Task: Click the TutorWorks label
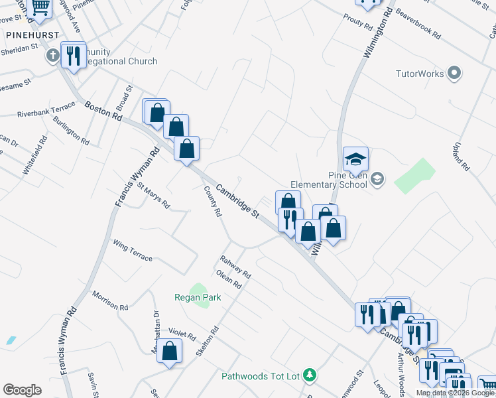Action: coord(419,74)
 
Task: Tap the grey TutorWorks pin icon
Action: coord(454,73)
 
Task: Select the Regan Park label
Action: coord(198,298)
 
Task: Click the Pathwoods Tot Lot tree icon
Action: coord(309,375)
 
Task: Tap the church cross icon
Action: coord(52,56)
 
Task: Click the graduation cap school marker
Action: coord(355,159)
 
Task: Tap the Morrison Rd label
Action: coord(110,301)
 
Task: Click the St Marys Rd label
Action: coord(154,196)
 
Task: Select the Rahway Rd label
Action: coord(235,267)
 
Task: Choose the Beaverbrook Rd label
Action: coord(418,23)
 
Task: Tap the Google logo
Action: coord(22,390)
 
